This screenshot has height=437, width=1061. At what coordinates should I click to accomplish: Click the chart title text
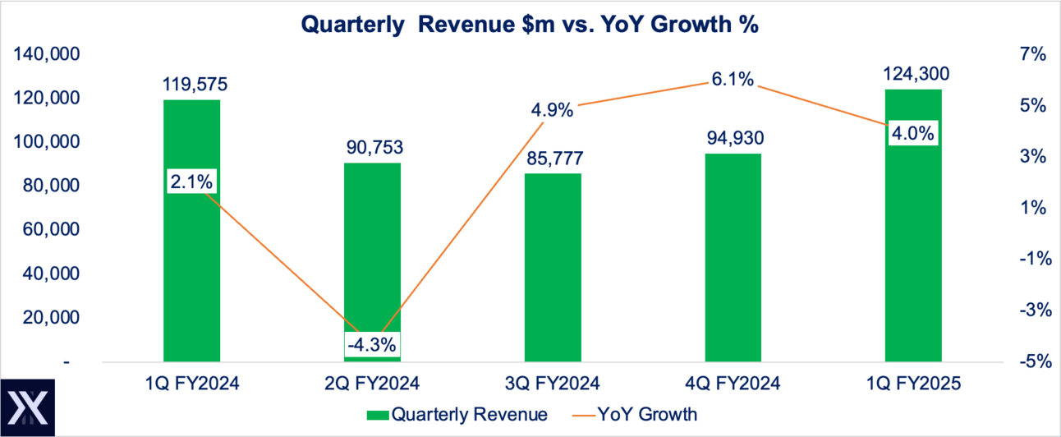pos(530,25)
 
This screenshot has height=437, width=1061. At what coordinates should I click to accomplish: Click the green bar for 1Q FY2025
pos(912,246)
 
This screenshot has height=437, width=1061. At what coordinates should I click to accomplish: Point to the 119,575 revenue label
pos(191,84)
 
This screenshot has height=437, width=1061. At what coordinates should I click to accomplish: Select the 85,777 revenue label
pos(553,159)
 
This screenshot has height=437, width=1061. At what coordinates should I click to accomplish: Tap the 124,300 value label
pos(913,75)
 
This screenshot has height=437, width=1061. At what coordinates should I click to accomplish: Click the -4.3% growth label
pos(372,344)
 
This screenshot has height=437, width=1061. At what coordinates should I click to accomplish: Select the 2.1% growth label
pos(191,182)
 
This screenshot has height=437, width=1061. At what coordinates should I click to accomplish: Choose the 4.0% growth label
pos(912,134)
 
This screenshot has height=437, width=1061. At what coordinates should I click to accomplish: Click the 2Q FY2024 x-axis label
pos(372,384)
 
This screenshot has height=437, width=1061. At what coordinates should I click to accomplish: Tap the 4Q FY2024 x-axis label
pos(733,384)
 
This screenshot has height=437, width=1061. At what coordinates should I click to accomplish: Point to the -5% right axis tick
pos(1032,361)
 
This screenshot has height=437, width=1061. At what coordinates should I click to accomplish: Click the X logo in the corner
pos(27,407)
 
